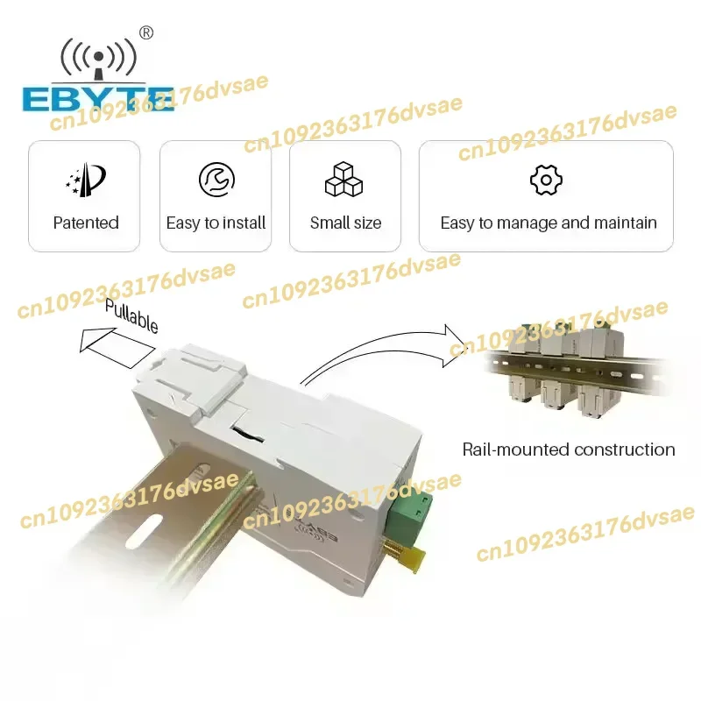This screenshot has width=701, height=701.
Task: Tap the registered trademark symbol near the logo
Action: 146,32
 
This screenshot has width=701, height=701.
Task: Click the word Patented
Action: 85,223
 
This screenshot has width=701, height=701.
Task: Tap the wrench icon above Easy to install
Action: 216,180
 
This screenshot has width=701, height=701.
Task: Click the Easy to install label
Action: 216,223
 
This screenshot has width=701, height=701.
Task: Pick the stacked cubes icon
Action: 344,180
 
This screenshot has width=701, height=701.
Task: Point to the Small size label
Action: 345,223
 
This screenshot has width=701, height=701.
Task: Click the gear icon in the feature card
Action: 546,180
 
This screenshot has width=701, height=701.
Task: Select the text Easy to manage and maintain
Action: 549,223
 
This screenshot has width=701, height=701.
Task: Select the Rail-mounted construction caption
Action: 569,450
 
